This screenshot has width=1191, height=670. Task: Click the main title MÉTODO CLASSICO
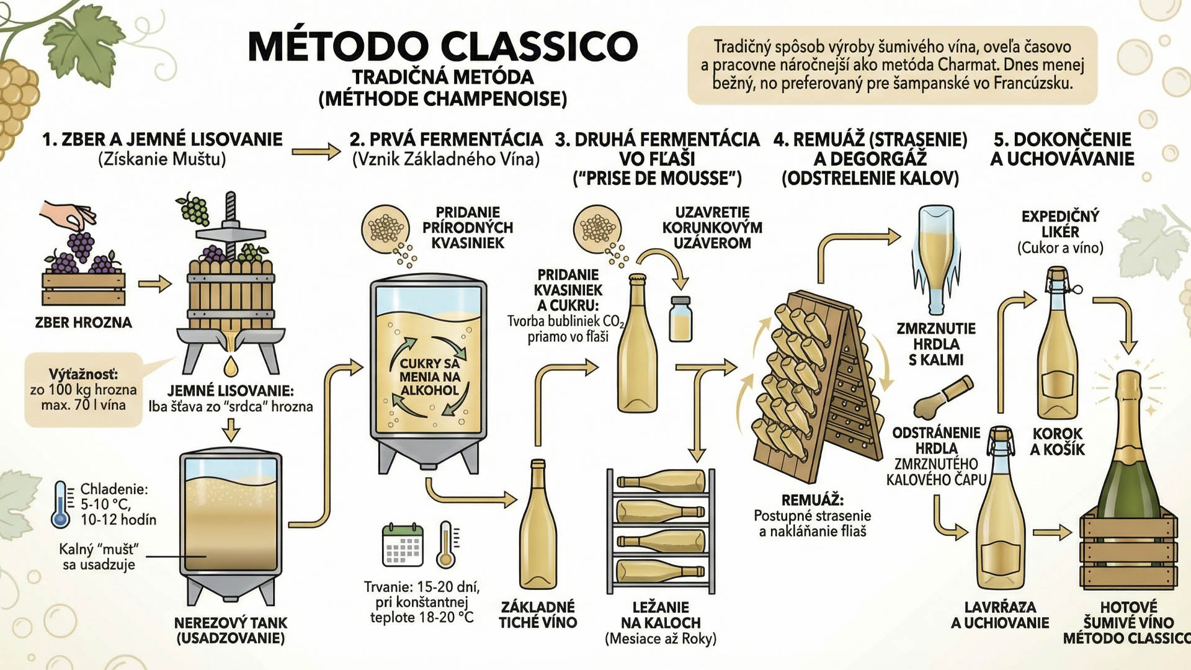click(x=442, y=46)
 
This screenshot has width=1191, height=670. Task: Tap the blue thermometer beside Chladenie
click(x=61, y=504)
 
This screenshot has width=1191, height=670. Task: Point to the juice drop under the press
click(x=231, y=366)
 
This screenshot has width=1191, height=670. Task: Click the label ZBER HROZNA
click(x=83, y=323)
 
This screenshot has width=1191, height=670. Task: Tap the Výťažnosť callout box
click(x=83, y=390)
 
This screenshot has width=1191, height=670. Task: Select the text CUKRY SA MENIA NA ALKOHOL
click(x=429, y=377)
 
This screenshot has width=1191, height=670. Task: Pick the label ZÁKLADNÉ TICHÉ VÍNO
click(x=538, y=615)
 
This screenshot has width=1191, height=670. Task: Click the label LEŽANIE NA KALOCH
click(x=661, y=615)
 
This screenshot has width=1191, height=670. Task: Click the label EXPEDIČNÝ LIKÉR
click(x=1060, y=224)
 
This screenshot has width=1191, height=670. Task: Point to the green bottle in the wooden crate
click(x=1128, y=447)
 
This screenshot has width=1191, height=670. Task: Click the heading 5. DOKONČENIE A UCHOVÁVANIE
click(x=1062, y=149)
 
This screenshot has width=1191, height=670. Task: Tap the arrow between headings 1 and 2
click(x=316, y=151)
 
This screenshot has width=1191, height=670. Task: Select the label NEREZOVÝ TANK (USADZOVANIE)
click(x=231, y=630)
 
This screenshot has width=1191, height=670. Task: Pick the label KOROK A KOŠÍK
click(x=1057, y=442)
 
